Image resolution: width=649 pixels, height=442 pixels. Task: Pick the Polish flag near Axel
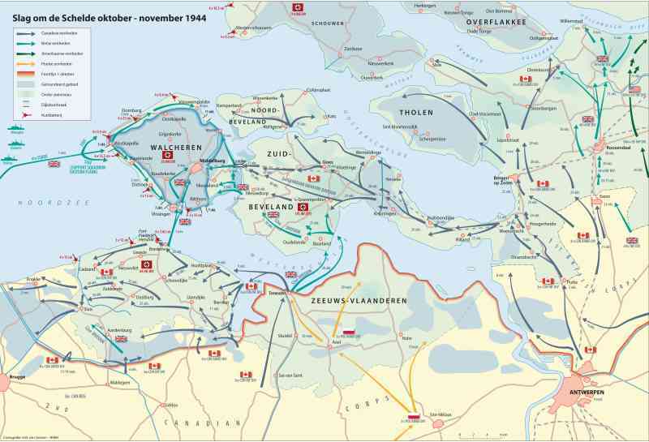click(349, 332)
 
